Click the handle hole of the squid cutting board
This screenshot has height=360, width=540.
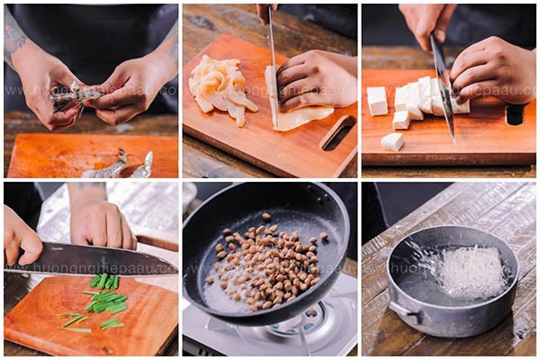coord(338,133)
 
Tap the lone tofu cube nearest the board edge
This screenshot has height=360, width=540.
coord(392,141)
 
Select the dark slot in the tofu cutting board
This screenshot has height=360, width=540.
coord(515,114)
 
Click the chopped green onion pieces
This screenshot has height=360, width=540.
coord(104,301)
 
